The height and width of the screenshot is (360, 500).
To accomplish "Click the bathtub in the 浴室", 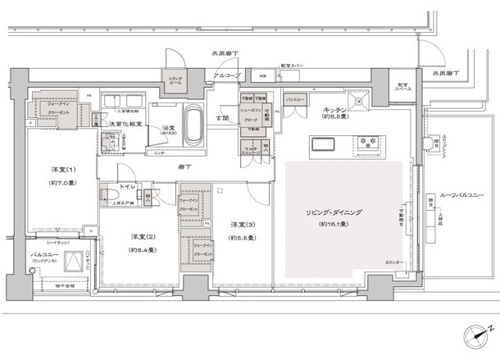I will [194, 124].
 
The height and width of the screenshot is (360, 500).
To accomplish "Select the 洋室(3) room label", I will [239, 226].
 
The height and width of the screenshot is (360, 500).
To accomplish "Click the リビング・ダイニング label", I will [337, 212].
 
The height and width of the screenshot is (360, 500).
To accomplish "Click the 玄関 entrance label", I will [222, 117].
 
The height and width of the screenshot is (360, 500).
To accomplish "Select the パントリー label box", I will [295, 98].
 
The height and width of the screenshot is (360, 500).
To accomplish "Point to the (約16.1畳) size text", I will [337, 223].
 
